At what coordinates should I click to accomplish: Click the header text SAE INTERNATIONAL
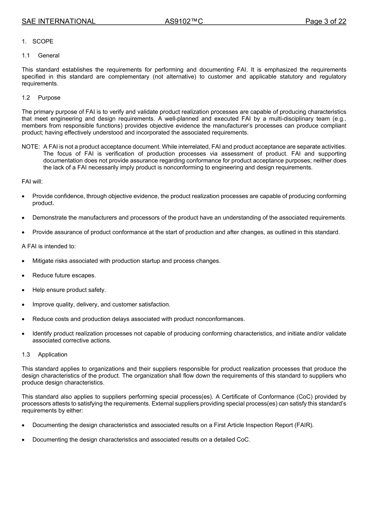tap(58, 21)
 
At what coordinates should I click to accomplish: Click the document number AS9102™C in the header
tap(184, 21)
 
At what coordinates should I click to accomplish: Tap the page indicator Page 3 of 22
tap(325, 21)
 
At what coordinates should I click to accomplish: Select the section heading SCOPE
tap(43, 41)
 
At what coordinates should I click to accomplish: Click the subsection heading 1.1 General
tap(41, 55)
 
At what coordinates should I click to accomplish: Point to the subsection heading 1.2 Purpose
tap(41, 98)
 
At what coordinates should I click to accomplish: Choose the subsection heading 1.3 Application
tap(45, 355)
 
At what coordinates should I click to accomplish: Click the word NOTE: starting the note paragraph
tap(31, 147)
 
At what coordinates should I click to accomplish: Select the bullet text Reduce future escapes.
tap(64, 275)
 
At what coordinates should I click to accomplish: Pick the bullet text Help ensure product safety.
tap(69, 290)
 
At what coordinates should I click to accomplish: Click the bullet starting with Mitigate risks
tap(126, 261)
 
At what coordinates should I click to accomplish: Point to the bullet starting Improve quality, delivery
tap(101, 304)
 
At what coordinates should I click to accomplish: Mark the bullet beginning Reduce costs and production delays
tap(138, 319)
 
